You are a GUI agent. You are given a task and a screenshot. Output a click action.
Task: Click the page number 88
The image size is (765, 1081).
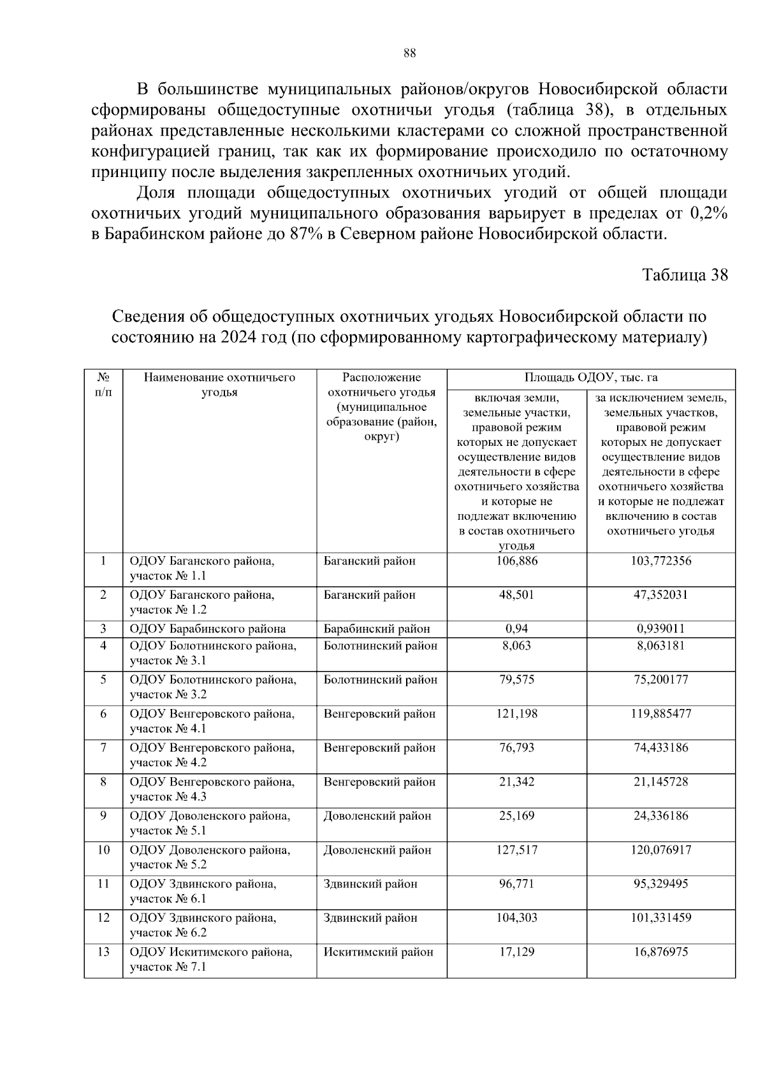pos(409,54)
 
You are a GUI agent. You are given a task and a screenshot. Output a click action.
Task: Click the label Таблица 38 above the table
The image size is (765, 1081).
pos(685,275)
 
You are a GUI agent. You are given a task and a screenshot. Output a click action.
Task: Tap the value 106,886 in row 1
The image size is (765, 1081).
pos(516,561)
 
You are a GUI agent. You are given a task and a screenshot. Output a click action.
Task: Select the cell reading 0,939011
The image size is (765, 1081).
pos(660,629)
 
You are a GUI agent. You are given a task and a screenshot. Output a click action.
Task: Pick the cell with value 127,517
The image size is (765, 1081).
pos(516,850)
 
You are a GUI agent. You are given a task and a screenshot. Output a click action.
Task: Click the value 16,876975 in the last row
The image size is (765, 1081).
pos(660,952)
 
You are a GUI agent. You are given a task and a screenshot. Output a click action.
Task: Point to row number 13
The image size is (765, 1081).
pos(103,952)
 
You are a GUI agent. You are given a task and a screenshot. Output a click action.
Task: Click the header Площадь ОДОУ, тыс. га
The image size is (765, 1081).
pos(591,378)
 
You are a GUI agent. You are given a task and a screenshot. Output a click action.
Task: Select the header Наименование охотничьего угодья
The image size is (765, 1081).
pos(219,385)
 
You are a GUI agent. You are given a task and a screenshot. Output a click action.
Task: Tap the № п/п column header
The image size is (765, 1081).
pos(103,385)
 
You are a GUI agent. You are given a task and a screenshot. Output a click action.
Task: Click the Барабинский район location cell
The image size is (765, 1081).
pos(377,629)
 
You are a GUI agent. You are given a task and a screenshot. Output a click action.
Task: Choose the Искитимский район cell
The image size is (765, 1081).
pos(378,952)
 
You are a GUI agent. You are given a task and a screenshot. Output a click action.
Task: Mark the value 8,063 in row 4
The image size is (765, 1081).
pos(516,645)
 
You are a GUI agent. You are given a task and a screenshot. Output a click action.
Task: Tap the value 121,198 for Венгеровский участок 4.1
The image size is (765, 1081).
pos(516,713)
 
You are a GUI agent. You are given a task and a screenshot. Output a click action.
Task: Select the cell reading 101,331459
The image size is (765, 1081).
pos(660,918)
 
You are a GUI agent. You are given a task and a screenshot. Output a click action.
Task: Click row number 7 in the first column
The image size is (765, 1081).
pos(103,748)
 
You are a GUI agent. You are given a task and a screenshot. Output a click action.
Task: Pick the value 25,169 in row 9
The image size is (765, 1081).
pos(516,816)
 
